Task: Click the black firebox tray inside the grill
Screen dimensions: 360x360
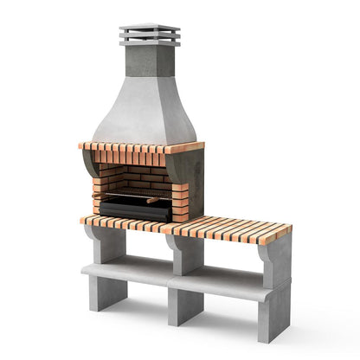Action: (135, 208)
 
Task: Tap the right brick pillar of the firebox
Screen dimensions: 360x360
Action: (179, 201)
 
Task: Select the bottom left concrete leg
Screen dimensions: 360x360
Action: (106, 294)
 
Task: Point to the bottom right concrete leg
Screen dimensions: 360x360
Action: (273, 320)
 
